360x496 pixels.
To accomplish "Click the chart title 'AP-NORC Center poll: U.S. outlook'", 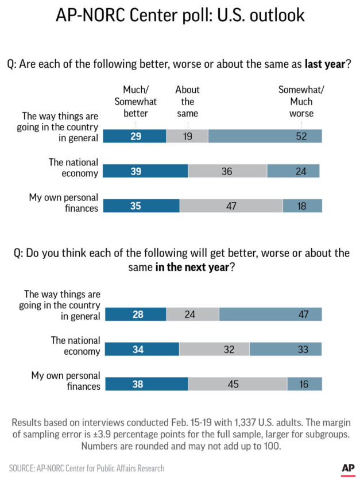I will coord(180,15).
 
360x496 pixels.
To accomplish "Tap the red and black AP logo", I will coord(348,468).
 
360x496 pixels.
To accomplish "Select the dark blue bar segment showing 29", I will coord(134,137).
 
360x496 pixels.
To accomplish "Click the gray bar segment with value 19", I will coord(187,137).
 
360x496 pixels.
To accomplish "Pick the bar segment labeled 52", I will coord(265,137).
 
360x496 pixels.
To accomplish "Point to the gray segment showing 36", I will coord(227,171).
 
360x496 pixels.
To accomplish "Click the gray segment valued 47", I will coord(231,206).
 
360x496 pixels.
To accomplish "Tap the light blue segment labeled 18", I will coord(302,206).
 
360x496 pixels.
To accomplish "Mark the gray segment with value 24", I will coord(192,314).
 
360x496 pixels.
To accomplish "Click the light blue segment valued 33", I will coord(285,349).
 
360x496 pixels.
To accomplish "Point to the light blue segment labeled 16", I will coord(304,384).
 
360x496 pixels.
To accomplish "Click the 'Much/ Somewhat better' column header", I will coord(136,102).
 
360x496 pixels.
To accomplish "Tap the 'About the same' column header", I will coord(187,102).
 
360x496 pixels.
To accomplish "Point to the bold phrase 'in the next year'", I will coord(192,267).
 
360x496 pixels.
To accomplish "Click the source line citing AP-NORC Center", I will coord(87,468).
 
